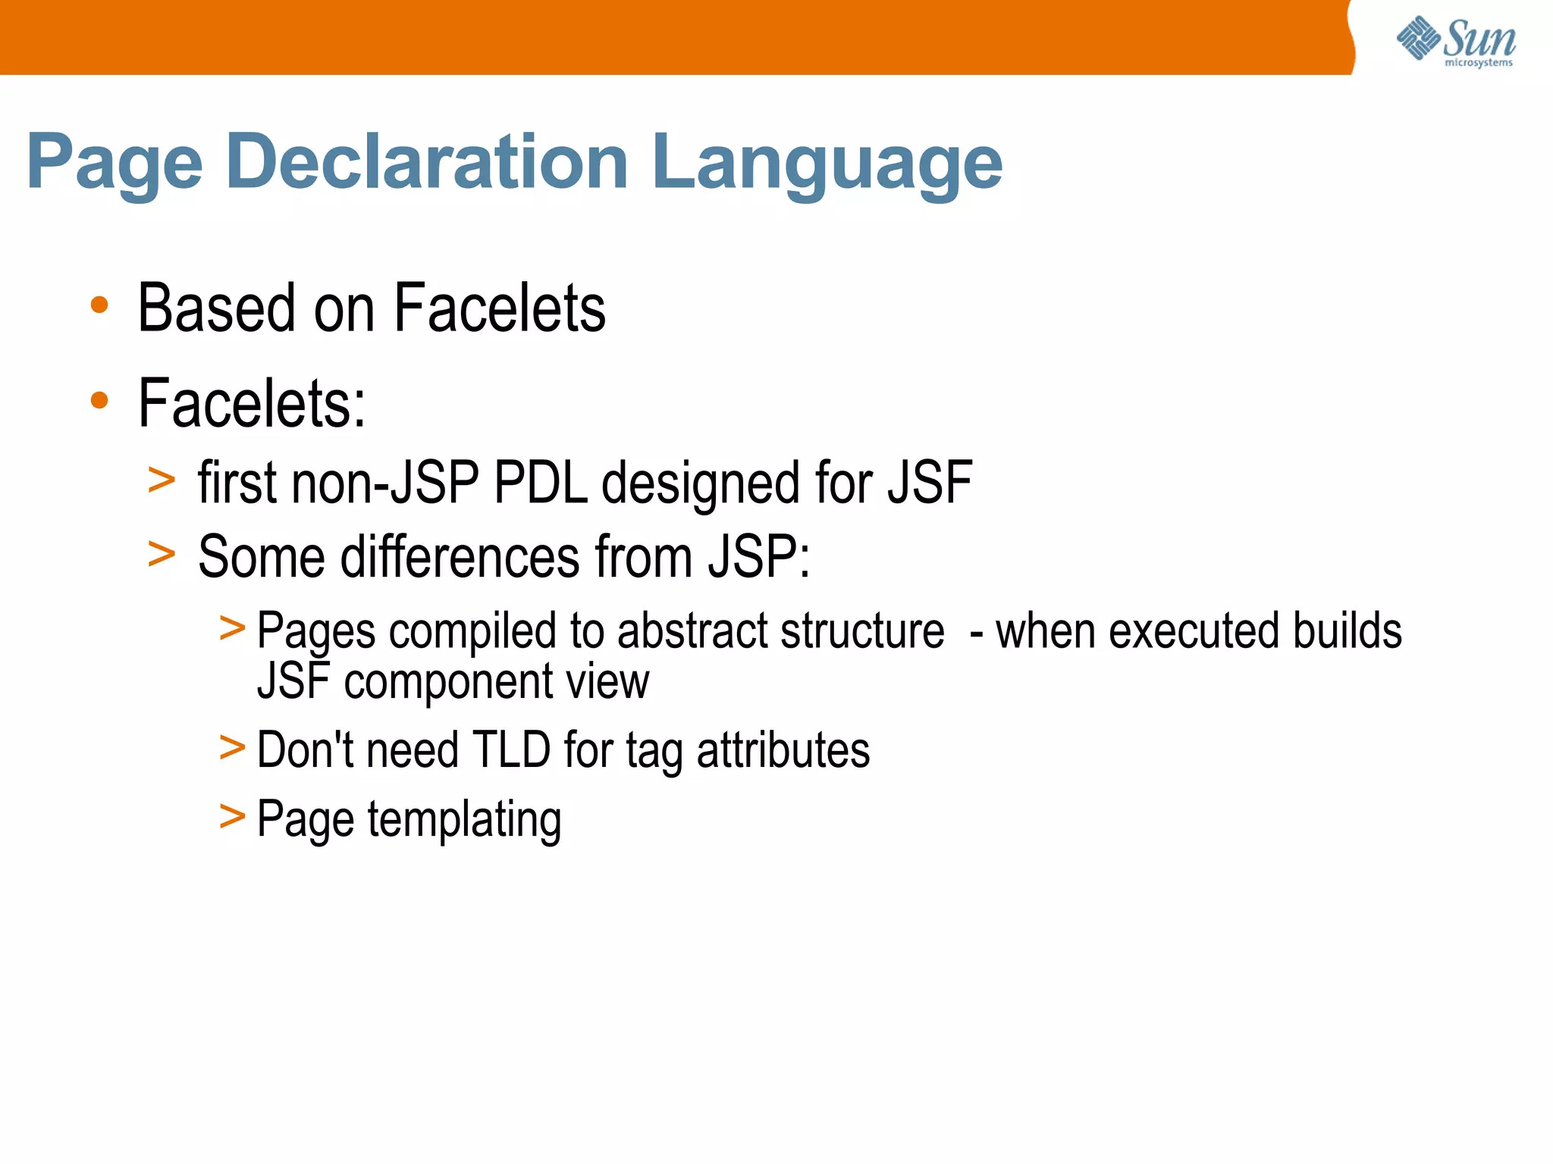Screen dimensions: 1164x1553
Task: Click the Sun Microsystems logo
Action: (x=1456, y=41)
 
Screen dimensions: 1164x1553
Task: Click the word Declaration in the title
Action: (x=427, y=161)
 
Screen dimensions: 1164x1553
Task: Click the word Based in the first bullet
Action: (x=215, y=308)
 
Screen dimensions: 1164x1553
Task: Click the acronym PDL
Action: (x=541, y=483)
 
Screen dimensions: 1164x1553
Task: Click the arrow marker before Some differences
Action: (x=162, y=553)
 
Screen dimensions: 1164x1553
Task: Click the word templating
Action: (x=464, y=820)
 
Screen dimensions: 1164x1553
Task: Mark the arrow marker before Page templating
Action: (x=232, y=816)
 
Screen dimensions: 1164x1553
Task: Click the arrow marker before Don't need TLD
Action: (x=232, y=746)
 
